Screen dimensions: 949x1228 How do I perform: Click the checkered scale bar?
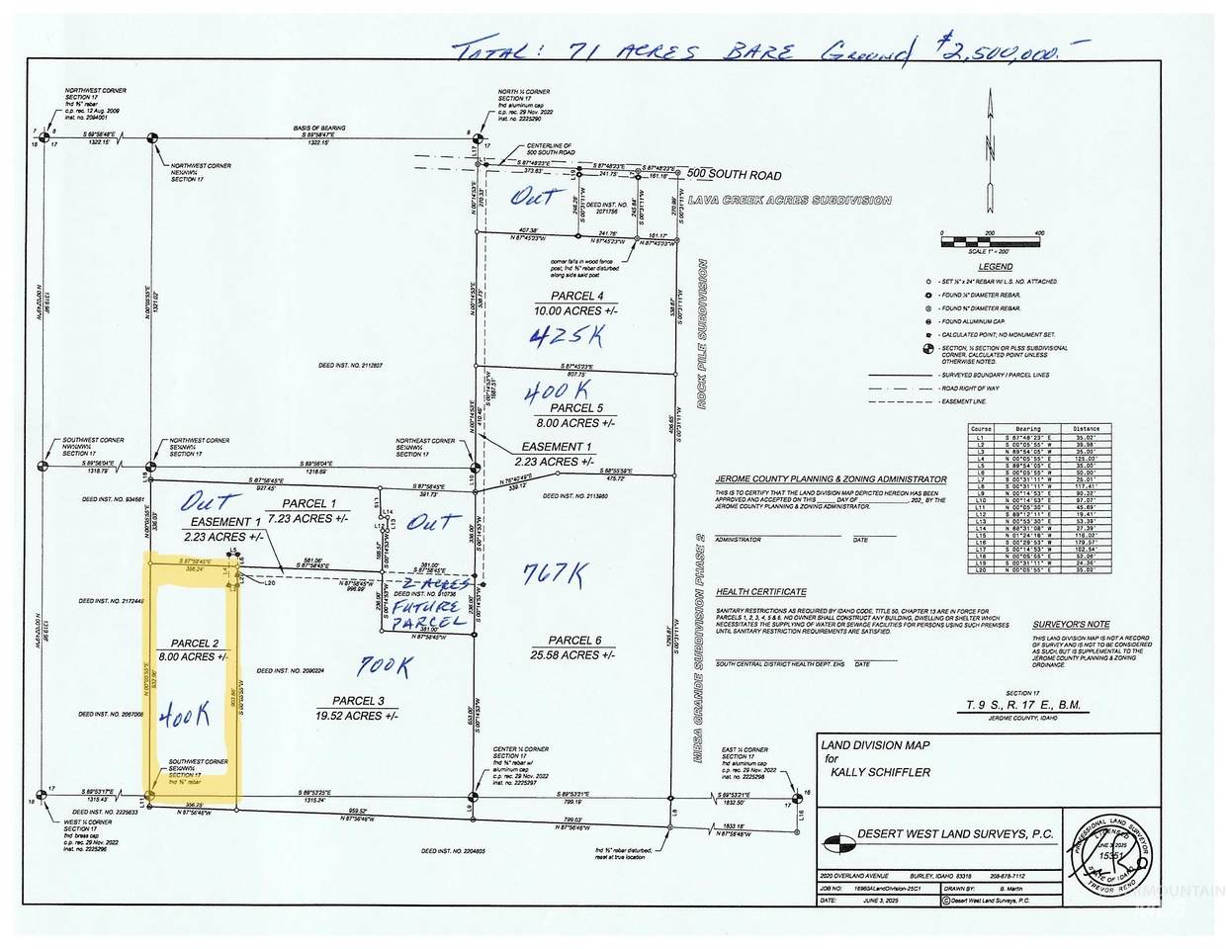point(989,237)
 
